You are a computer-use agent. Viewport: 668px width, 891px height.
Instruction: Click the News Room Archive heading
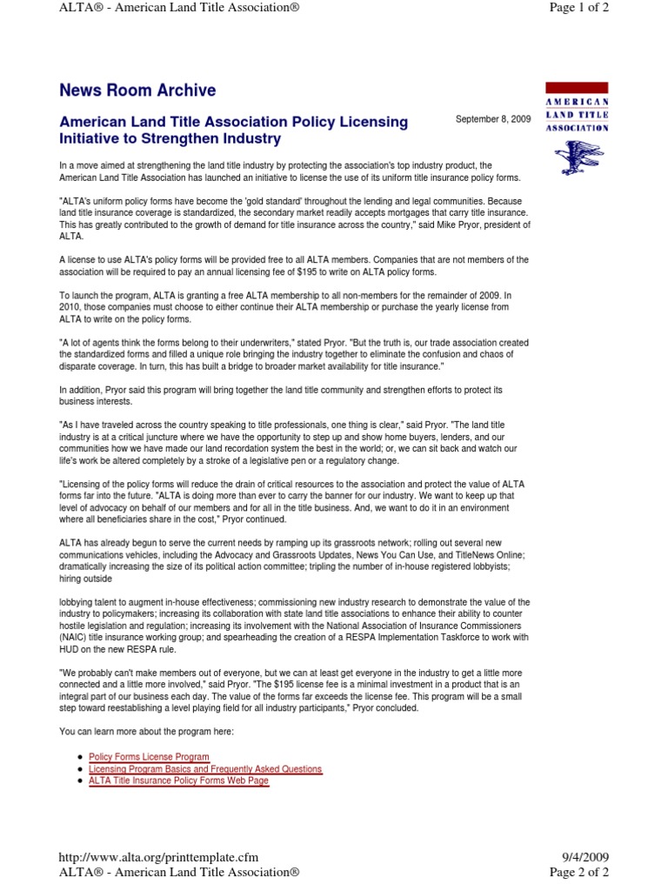137,90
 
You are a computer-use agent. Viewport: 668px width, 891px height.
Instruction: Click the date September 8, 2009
492,119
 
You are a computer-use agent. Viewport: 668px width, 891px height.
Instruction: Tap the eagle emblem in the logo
577,156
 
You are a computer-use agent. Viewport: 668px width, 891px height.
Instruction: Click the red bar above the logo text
577,88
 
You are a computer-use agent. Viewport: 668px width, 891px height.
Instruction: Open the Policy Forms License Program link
149,757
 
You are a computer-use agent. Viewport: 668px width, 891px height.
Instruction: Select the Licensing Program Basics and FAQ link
205,769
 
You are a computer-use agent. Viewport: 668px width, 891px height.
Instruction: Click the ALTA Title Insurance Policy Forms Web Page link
178,780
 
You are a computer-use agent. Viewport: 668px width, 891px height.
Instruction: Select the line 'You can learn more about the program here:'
147,732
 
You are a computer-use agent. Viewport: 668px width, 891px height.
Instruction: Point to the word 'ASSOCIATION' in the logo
577,127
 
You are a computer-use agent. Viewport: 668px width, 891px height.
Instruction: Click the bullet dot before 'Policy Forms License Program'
80,758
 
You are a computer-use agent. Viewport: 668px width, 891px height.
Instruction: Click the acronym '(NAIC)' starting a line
75,638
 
